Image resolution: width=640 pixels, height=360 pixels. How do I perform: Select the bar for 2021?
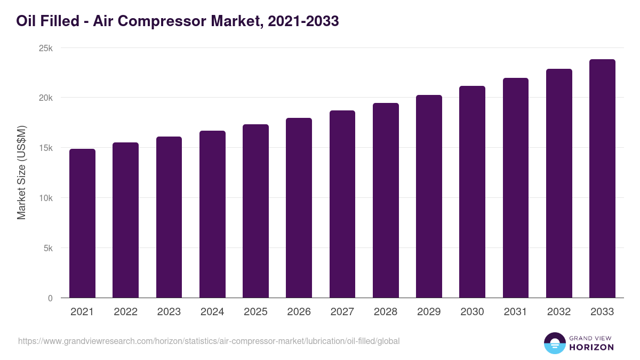point(82,223)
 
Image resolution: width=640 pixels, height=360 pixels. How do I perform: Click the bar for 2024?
point(212,214)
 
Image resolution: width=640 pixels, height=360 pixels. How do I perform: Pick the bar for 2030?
point(472,192)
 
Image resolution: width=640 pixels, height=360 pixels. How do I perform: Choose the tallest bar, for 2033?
point(602,179)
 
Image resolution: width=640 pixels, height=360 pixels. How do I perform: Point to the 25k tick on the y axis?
point(46,48)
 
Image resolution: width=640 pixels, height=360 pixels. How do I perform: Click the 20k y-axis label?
point(46,98)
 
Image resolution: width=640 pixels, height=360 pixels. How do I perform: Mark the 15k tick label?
point(46,148)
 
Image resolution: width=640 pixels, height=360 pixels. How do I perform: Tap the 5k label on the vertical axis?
point(47,248)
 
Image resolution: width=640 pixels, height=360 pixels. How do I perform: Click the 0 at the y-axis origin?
point(50,298)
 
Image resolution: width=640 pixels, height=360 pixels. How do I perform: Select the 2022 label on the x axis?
point(125,312)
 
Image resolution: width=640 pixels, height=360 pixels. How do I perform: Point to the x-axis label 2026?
point(299,312)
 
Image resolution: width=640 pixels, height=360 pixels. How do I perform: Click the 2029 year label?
point(429,312)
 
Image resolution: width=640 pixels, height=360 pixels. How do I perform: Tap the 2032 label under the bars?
point(559,312)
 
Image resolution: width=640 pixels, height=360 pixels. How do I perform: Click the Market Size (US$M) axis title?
point(21,172)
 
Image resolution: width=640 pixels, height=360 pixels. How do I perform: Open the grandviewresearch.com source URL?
point(209,341)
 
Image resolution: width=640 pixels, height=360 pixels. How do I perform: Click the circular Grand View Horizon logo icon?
point(555,343)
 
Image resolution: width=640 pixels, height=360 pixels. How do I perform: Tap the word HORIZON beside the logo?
point(591,347)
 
